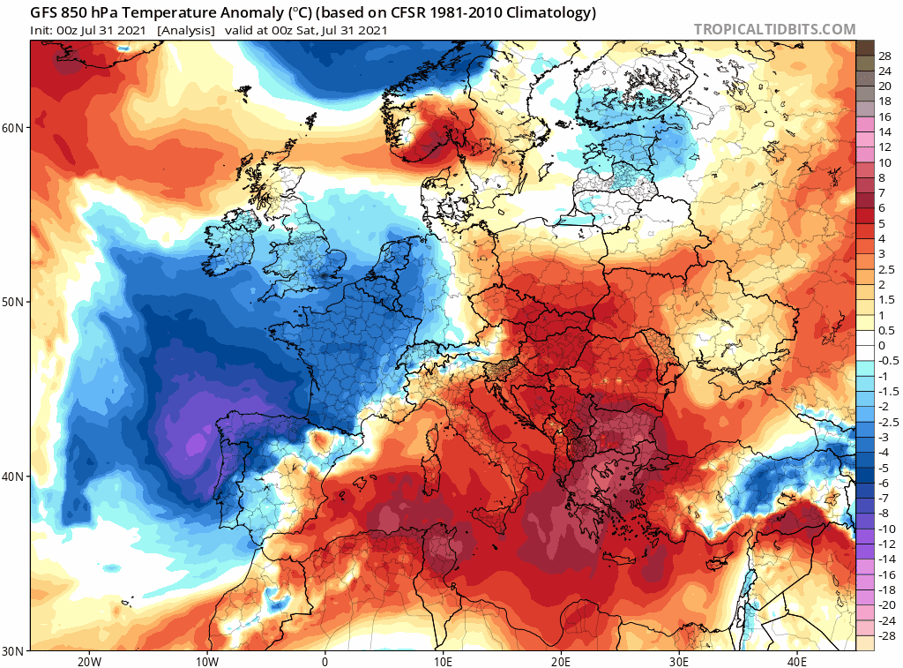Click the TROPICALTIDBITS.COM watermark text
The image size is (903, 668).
(774, 29)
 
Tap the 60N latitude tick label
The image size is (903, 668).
(14, 127)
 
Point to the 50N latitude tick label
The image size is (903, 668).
(14, 302)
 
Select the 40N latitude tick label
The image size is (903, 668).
(14, 477)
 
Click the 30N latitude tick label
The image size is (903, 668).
(14, 650)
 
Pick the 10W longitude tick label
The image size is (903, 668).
(206, 661)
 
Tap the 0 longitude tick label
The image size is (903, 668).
(325, 661)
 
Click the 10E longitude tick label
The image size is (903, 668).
(443, 661)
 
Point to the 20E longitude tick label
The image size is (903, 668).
(562, 661)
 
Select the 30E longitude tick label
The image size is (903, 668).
(680, 661)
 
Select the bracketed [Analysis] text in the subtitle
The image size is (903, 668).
(185, 30)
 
